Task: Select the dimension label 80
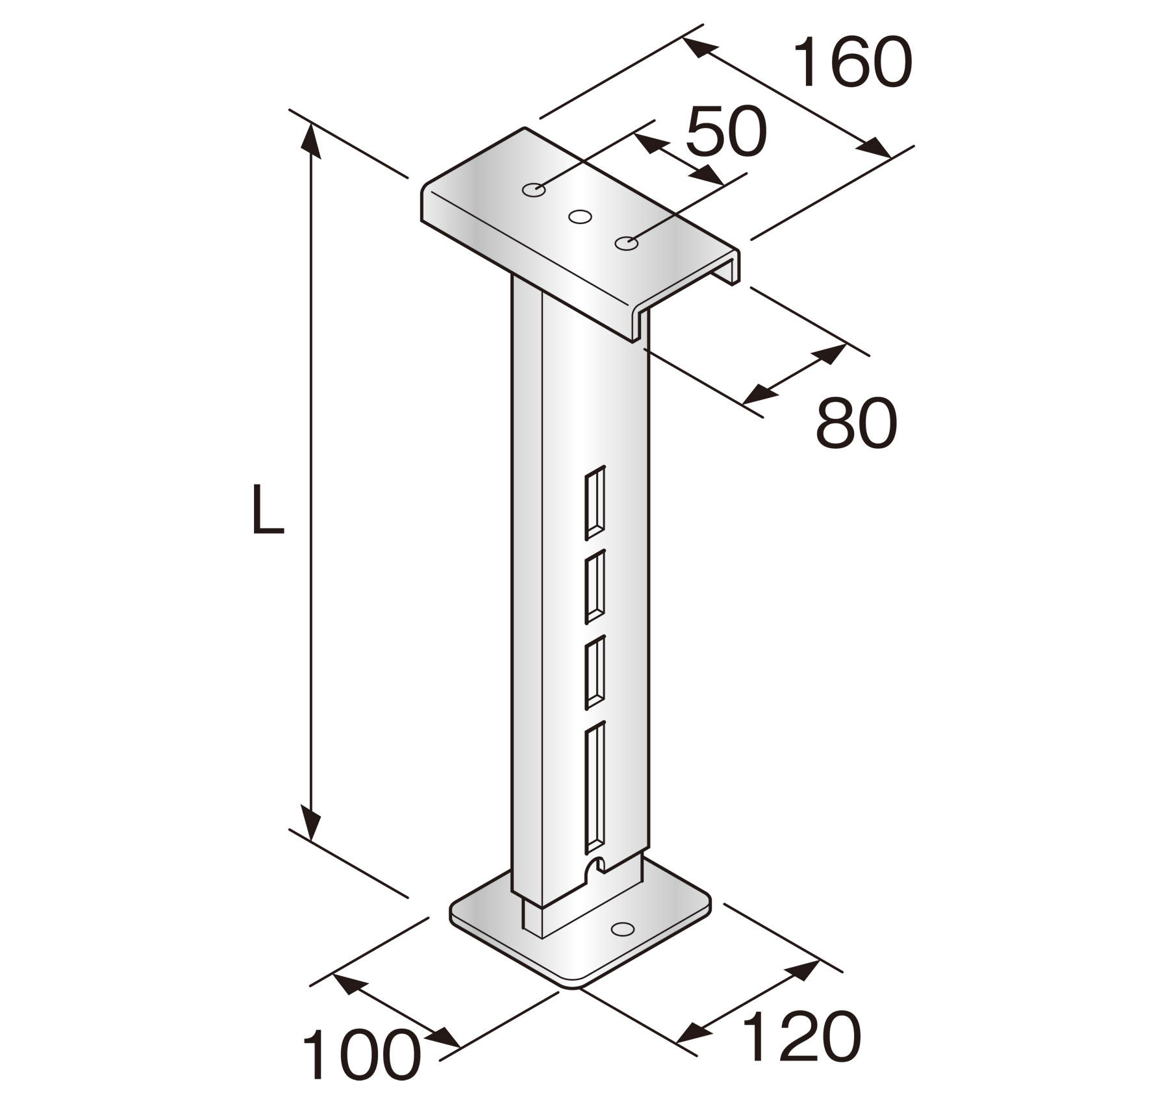(856, 423)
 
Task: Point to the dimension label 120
(800, 1037)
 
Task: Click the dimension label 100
(361, 1056)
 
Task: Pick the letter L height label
(267, 510)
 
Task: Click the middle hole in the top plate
(580, 216)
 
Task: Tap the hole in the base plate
(623, 929)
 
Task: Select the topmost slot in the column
(595, 503)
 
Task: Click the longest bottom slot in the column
(595, 788)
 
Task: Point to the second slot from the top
(595, 587)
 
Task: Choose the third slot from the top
(595, 672)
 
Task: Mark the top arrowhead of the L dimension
(311, 140)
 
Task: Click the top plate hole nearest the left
(533, 190)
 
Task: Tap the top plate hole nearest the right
(626, 243)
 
